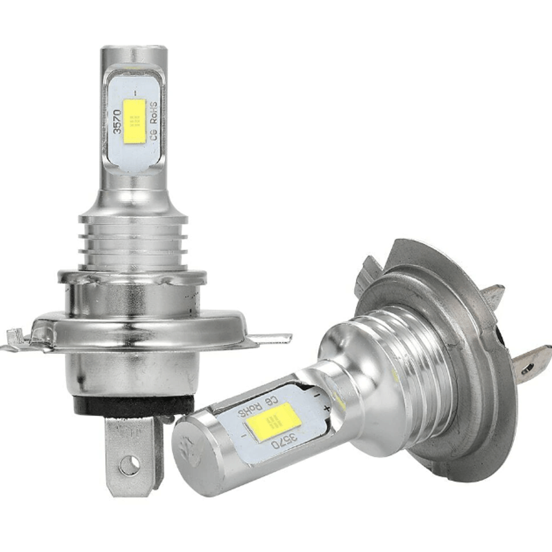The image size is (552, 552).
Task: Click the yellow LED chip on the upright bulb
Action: click(x=135, y=121)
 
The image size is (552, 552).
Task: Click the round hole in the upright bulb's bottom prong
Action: click(x=128, y=466)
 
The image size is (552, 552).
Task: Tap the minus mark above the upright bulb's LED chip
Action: click(x=135, y=92)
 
